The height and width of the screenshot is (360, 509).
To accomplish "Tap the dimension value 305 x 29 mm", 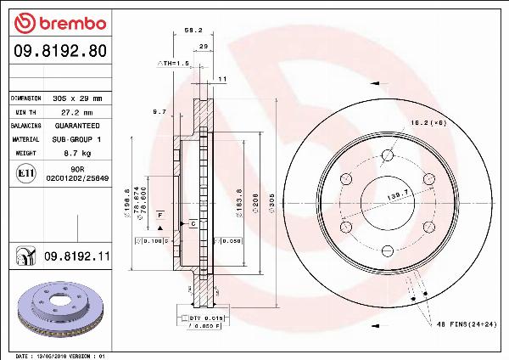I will (77, 98).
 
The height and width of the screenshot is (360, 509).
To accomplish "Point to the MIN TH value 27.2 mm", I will (77, 112).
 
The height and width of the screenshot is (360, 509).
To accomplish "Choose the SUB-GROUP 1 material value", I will (77, 138).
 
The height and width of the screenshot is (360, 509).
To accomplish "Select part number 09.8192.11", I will (77, 255).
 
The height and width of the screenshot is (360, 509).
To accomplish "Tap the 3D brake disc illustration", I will (60, 308).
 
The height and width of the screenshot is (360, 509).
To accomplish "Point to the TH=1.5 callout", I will (173, 63).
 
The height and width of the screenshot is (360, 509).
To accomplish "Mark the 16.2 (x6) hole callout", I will (428, 123).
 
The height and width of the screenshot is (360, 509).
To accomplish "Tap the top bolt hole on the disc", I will (387, 155).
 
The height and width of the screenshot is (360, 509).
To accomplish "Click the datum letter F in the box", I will (159, 217).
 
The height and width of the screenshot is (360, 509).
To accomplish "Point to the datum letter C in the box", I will (193, 223).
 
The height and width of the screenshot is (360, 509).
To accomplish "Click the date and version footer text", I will (59, 355).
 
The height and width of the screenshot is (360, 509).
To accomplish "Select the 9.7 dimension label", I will (159, 111).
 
